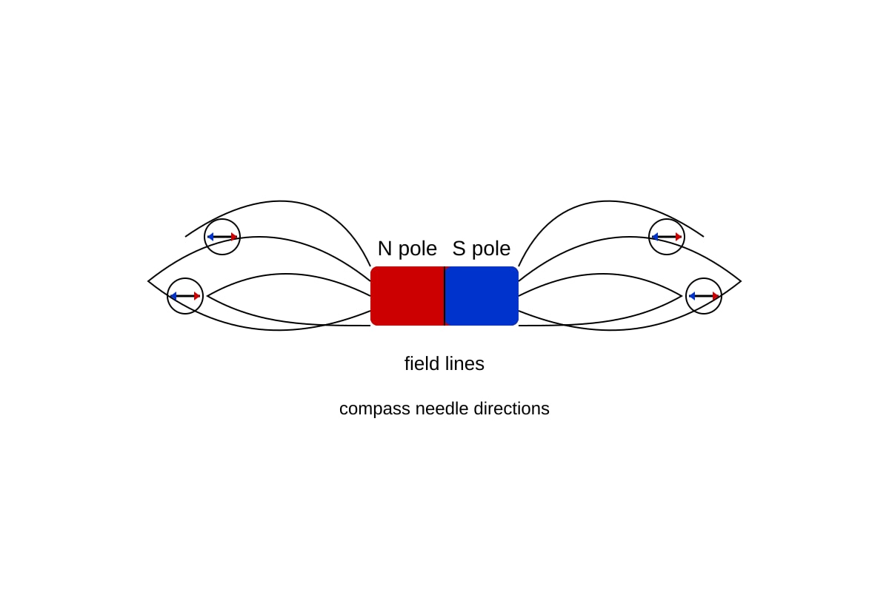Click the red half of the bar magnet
[407, 296]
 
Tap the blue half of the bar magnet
[482, 296]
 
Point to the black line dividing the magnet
[444, 296]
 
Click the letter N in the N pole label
[384, 249]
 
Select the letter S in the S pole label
[459, 249]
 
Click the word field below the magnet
[420, 363]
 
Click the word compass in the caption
[375, 409]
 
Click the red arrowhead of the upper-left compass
[234, 237]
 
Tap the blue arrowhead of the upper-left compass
[210, 237]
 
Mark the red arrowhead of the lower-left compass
[197, 296]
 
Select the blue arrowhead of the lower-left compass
[173, 296]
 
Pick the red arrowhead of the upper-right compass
[679, 237]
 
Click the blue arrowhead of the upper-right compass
[655, 237]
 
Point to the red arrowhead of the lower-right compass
[716, 296]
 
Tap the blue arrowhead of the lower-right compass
[692, 296]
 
